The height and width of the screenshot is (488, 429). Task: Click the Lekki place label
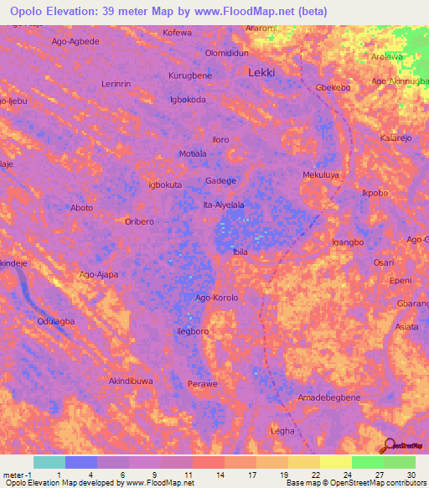pyautogui.click(x=261, y=73)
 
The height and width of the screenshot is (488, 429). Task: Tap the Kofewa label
pyautogui.click(x=177, y=33)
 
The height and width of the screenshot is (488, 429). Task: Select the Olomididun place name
pyautogui.click(x=227, y=52)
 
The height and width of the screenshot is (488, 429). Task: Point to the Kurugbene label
pyautogui.click(x=189, y=75)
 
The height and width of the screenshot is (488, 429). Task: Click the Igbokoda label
pyautogui.click(x=188, y=99)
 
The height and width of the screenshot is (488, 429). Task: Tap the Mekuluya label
pyautogui.click(x=321, y=174)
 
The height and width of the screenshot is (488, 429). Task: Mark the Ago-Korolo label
pyautogui.click(x=217, y=298)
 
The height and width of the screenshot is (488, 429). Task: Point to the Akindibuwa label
pyautogui.click(x=131, y=381)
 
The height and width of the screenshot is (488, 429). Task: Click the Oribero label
pyautogui.click(x=139, y=221)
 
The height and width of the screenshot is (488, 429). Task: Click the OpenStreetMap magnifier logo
pyautogui.click(x=390, y=445)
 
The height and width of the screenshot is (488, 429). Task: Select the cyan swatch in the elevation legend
pyautogui.click(x=49, y=462)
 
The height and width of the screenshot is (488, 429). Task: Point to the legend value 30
pyautogui.click(x=410, y=475)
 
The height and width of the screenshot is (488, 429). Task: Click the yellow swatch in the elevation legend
pyautogui.click(x=336, y=462)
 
